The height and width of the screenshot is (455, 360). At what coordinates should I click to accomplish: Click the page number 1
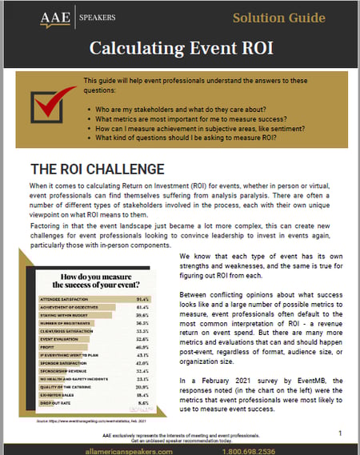(x=339, y=432)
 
